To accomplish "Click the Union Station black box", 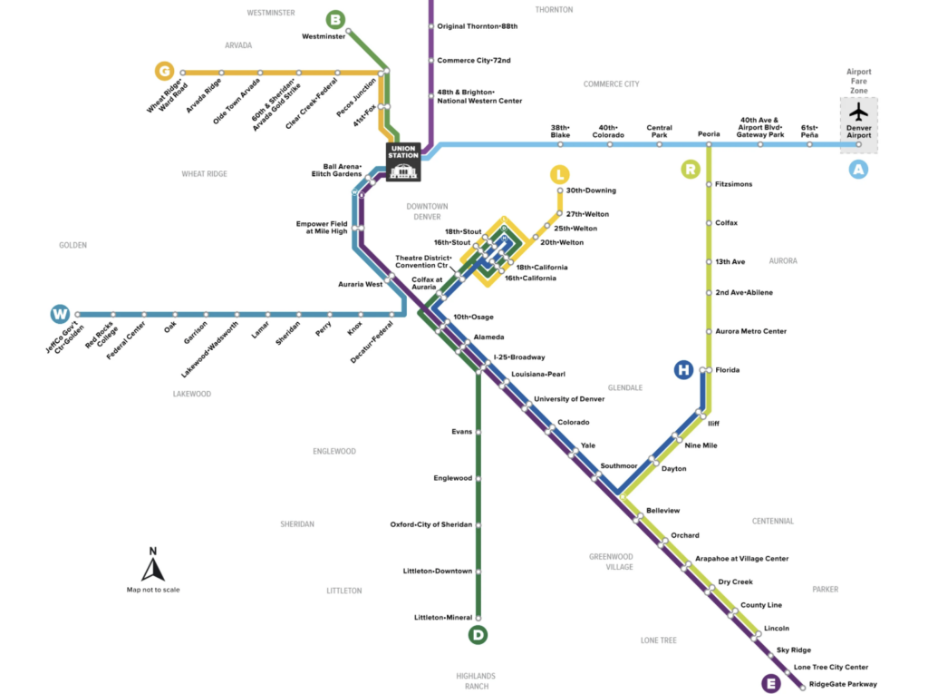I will coord(403,161).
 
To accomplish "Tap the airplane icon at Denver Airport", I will coord(858,112).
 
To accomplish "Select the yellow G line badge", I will coord(164,71).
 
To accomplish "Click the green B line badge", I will coord(335,19).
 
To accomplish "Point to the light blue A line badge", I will coord(857,169).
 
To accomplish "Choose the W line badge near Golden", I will coord(61,315).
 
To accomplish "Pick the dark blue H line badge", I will coord(683,369).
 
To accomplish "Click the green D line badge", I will coord(478,635).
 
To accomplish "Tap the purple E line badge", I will coord(771,683).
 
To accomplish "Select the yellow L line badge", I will coord(561,173).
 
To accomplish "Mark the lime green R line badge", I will coord(691,169).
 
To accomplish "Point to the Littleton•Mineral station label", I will coord(443,618).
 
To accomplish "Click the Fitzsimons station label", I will coord(733,184).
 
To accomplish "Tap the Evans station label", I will coord(461,432).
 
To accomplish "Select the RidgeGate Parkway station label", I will coord(843,684).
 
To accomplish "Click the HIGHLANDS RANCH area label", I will coord(476,681).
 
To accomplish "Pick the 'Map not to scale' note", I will coord(153,590).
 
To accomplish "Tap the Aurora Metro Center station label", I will coord(750,331).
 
